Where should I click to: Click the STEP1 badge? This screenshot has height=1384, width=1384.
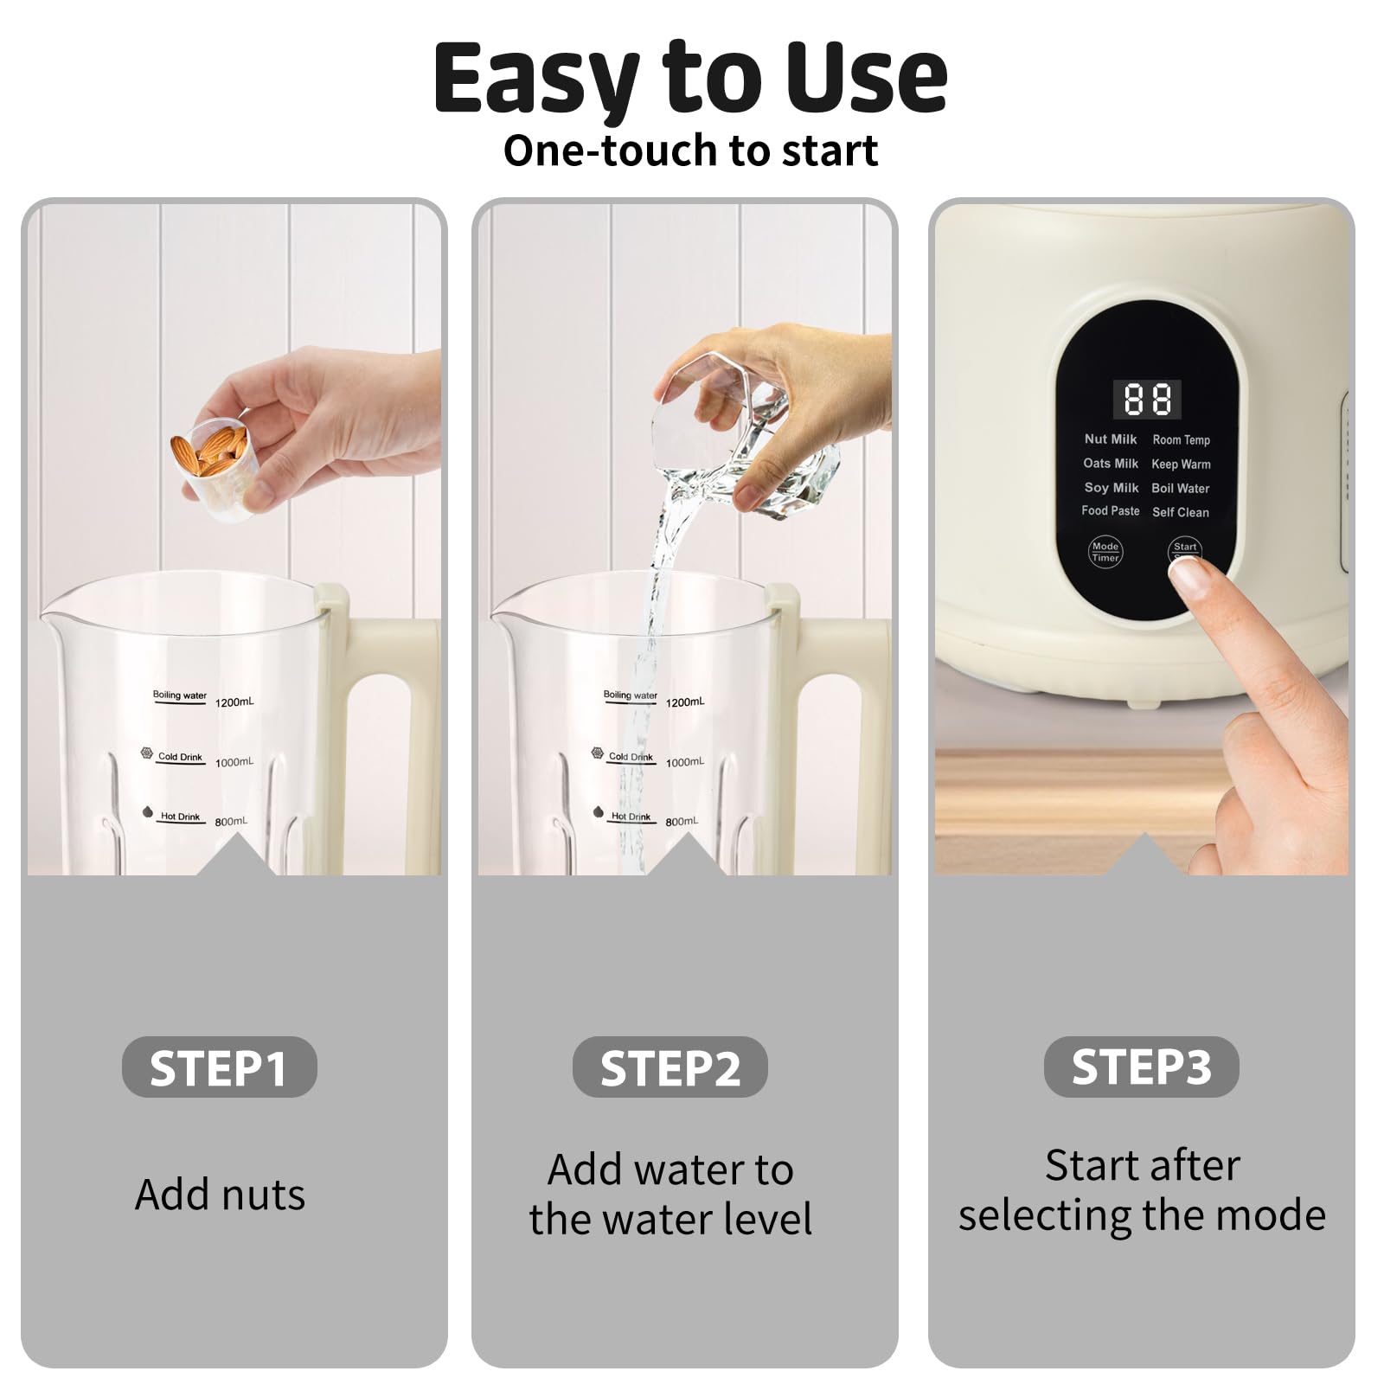point(219,1067)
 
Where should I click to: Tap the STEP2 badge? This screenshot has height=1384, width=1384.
point(670,1067)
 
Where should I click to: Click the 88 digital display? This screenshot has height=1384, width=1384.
point(1147,399)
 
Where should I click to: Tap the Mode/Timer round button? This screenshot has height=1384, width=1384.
point(1105,551)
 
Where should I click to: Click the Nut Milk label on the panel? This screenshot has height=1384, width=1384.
point(1111,439)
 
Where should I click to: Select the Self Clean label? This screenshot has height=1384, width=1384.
point(1180,512)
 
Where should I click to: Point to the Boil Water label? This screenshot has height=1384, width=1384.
point(1180,489)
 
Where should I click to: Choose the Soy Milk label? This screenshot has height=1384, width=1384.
point(1112,488)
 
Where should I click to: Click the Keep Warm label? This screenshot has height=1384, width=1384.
point(1181,465)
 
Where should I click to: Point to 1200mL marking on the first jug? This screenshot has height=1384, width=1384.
point(234,702)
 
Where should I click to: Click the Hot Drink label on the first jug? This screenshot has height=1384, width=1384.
point(180,817)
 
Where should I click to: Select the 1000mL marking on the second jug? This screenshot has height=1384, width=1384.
point(684,762)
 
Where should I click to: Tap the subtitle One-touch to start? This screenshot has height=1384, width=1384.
point(690,151)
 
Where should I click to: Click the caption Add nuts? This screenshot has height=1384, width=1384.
point(220,1195)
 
